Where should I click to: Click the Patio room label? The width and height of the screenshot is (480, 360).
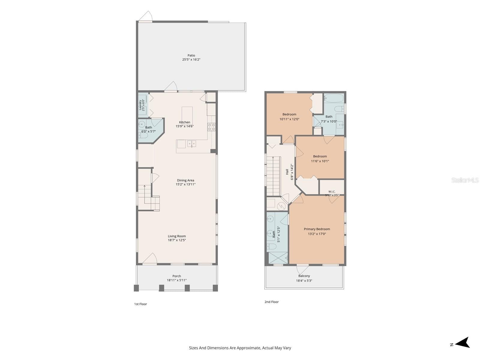[x=191, y=55]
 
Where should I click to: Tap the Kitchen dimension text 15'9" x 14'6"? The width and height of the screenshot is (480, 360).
[x=184, y=126]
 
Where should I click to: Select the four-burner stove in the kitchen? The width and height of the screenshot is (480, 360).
[x=211, y=127]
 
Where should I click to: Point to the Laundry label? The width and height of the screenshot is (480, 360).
[x=140, y=105]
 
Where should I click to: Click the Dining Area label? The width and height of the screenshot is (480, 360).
[x=185, y=180]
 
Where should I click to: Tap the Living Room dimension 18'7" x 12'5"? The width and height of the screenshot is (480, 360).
[x=177, y=240]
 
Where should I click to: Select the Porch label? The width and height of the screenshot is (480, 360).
[x=177, y=276]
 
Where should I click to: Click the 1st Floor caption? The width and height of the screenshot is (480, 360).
[x=140, y=304]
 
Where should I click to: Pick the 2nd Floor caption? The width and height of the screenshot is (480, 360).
[x=271, y=302]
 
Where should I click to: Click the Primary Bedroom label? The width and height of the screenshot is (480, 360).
[x=317, y=229]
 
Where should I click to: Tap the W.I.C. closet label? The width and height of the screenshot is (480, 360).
[x=332, y=192]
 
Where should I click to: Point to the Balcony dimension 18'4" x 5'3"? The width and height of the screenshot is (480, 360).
[x=304, y=281]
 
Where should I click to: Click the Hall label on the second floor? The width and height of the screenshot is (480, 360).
[x=287, y=172]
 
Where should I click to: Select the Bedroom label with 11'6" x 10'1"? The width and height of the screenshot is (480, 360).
[x=320, y=156]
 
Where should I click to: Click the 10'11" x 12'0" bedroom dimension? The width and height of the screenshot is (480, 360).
[x=289, y=119]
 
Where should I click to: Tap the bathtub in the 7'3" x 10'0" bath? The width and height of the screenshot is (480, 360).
[x=334, y=98]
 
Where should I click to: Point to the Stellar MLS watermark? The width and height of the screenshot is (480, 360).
[x=465, y=180]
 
